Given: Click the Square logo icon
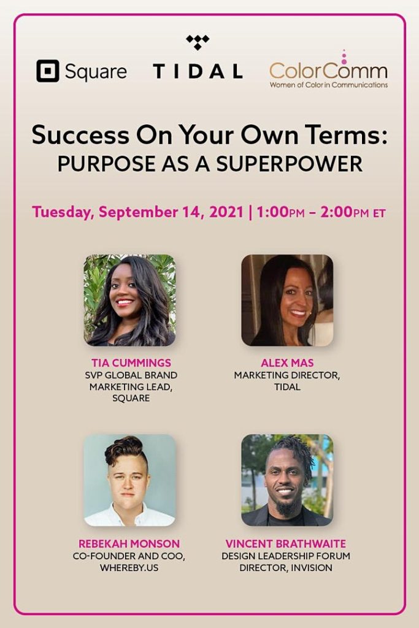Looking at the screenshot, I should pyautogui.click(x=48, y=71).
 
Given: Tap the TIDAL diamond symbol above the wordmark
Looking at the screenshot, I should pyautogui.click(x=198, y=42).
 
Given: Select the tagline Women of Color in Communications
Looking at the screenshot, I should pyautogui.click(x=328, y=85).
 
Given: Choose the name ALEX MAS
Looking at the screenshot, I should pyautogui.click(x=286, y=364).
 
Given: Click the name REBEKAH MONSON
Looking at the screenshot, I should pyautogui.click(x=129, y=544).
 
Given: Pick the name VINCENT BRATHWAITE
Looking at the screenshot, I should pyautogui.click(x=286, y=544).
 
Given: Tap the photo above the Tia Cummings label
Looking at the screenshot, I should pyautogui.click(x=129, y=301).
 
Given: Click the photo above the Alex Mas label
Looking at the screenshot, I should pyautogui.click(x=287, y=301).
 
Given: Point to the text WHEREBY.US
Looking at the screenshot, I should pyautogui.click(x=129, y=568).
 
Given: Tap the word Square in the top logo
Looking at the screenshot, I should pyautogui.click(x=95, y=72).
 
